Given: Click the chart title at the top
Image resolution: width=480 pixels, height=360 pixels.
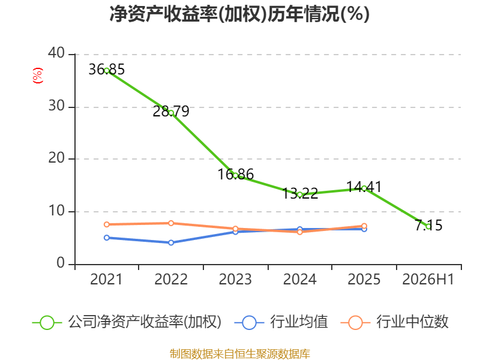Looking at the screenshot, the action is pos(239,14).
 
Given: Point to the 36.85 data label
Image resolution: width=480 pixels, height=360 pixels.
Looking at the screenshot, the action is pos(107,70).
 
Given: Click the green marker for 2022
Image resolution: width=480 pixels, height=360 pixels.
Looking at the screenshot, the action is pos(171,113).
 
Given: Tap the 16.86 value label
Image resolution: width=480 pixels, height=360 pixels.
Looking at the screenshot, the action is pos(236,175).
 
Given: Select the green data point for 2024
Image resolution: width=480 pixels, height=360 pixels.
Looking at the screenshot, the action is pos(300,194).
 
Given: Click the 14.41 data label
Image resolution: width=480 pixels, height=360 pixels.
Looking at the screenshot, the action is pos(364,187).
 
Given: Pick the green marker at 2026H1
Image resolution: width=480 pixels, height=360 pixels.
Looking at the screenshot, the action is pos(428,226).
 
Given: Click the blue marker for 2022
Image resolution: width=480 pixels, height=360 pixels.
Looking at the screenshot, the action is pos(171,243).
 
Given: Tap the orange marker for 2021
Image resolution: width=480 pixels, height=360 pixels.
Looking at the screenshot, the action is pos(107,224).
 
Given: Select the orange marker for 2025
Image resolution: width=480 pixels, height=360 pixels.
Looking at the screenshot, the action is pos(364,226).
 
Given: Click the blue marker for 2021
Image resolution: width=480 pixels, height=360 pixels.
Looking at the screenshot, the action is pos(107,238).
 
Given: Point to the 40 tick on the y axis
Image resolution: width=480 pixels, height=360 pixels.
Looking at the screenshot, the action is pos(56,53).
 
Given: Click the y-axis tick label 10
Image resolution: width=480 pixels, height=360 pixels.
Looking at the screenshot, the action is pos(56,211).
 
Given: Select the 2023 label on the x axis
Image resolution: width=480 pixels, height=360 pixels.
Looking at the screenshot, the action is pos(235,280).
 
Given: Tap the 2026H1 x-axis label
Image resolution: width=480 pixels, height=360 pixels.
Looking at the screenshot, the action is pos(428,280).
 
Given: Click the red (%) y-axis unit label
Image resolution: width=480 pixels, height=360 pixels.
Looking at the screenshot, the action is pos(38,76).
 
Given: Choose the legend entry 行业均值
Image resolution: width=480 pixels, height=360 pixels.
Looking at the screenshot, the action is pos(281,322).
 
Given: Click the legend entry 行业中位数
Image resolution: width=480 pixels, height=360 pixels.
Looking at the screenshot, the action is pos(394,322).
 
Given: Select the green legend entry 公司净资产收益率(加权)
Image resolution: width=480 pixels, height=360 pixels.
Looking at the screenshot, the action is pos(127,322).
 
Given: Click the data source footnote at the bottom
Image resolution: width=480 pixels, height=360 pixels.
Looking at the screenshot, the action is pos(240,354).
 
